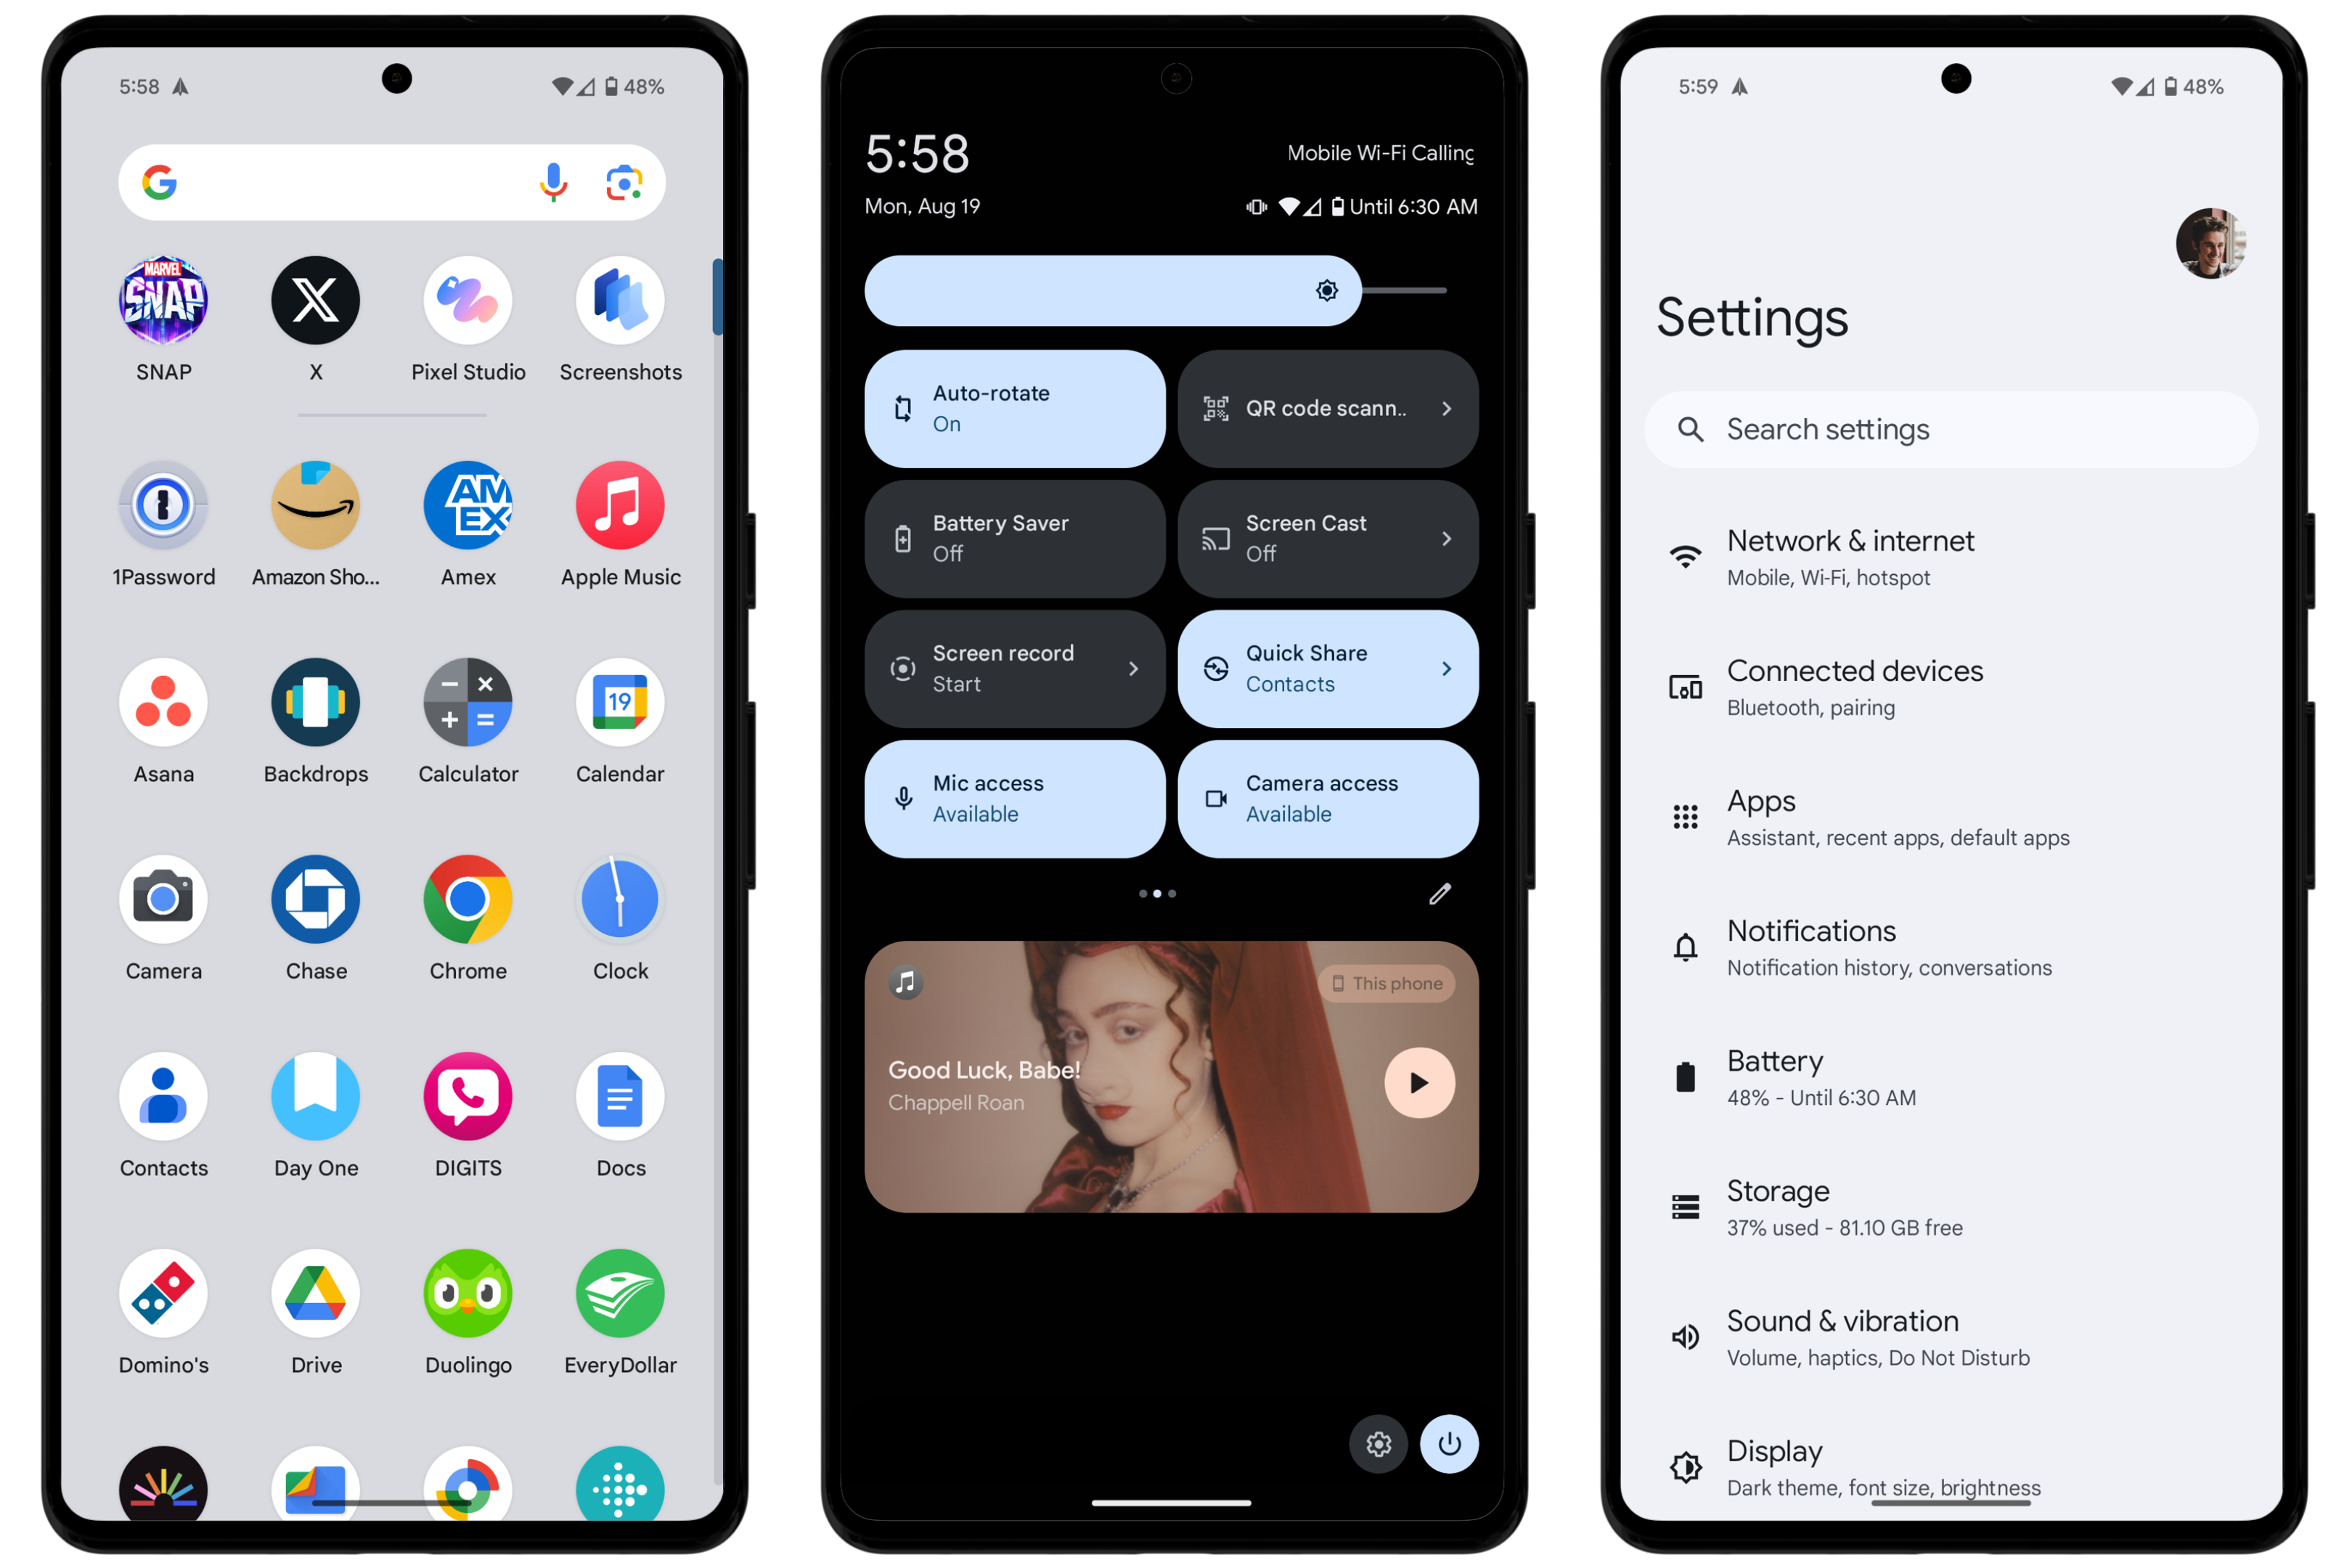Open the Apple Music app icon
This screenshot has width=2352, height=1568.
(620, 505)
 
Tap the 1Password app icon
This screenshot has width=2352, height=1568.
(163, 505)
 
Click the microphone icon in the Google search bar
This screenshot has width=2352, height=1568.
(553, 182)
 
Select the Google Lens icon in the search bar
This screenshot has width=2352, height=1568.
(624, 182)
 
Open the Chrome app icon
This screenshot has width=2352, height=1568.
(468, 899)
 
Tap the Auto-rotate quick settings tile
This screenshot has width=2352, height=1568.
(1015, 408)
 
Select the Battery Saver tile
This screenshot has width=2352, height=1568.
(1015, 538)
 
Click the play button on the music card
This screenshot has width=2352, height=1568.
(1419, 1082)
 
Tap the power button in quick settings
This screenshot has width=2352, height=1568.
(1449, 1443)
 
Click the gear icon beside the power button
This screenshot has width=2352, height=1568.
(1379, 1443)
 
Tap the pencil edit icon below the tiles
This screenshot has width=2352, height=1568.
(1440, 893)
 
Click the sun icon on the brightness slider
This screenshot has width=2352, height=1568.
(1327, 290)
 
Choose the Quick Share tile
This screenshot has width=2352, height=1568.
(1328, 668)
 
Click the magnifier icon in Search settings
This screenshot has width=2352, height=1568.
(1690, 429)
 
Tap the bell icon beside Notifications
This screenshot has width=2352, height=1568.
(1685, 946)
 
